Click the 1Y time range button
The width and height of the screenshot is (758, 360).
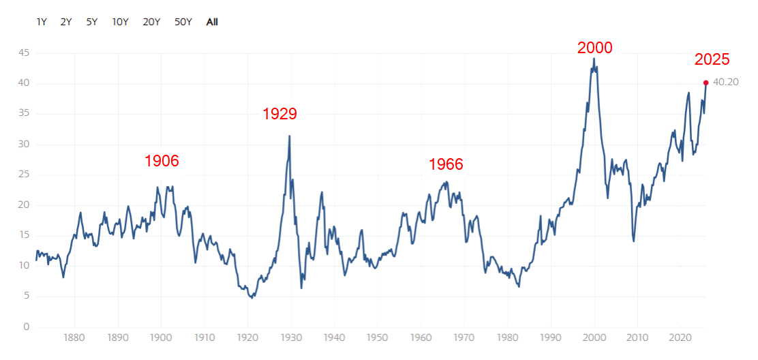pos(42,22)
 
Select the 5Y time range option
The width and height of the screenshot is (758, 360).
pos(92,22)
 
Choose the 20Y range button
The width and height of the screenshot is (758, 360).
pos(151,22)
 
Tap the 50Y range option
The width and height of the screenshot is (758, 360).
pos(183,22)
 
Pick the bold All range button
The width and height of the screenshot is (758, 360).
pos(212,22)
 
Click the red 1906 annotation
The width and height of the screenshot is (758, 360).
pos(162,162)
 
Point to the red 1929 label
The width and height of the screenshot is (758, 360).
pos(280,114)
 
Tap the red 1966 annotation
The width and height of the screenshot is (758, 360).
pos(446,164)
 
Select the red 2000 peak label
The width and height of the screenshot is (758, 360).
pos(595,48)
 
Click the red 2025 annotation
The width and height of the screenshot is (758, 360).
pos(712,59)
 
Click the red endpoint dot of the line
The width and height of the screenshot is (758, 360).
pos(706,82)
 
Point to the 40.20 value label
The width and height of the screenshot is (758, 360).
pos(726,82)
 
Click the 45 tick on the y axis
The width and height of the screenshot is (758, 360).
pos(25,53)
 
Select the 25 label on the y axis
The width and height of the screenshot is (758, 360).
pos(25,175)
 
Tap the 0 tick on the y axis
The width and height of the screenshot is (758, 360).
pos(27,327)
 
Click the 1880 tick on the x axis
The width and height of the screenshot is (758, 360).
pos(74,337)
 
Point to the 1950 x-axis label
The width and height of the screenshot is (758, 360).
pos(377,337)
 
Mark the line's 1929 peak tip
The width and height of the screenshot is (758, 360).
pos(290,136)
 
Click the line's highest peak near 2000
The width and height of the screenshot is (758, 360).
pos(594,59)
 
